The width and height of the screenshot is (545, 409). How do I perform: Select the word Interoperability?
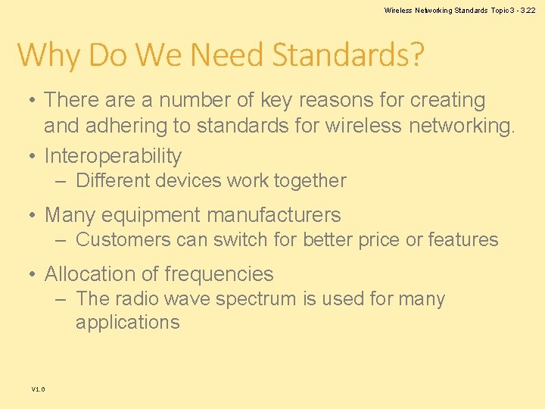[x=113, y=156]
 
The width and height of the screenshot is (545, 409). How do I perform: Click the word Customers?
[x=123, y=240]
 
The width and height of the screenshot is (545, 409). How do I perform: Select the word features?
[x=463, y=240]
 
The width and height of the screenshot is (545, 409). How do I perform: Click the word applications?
[x=127, y=323]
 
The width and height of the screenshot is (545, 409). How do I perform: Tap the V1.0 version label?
[x=38, y=389]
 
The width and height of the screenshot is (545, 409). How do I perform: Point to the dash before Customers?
[x=61, y=240]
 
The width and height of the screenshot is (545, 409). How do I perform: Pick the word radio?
[x=133, y=299]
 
